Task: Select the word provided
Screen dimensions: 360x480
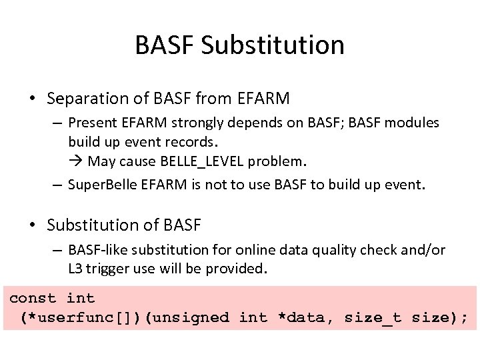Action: [236, 269]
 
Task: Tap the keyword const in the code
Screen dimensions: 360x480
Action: [33, 298]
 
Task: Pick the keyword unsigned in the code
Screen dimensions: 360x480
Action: [191, 318]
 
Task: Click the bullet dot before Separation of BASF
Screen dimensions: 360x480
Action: [33, 99]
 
